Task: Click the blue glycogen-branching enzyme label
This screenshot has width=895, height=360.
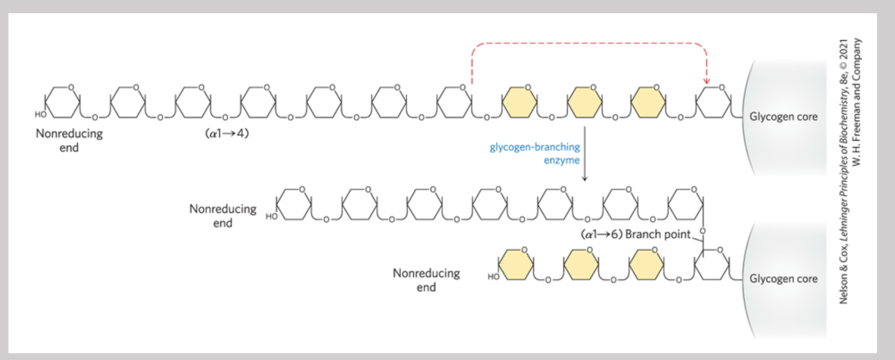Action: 535,154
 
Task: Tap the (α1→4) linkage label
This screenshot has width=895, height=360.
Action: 227,133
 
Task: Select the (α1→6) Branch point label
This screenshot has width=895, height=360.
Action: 636,234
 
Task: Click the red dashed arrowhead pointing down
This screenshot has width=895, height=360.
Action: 706,80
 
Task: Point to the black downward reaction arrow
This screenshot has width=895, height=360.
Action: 585,154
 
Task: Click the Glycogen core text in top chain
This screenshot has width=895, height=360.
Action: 783,116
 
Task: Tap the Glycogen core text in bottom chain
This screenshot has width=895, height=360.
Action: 783,278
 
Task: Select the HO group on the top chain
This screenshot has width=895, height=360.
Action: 40,114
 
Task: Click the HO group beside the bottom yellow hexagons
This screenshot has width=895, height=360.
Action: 493,276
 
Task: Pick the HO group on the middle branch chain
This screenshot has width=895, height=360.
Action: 271,216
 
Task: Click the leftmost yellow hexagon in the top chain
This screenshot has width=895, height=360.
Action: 519,102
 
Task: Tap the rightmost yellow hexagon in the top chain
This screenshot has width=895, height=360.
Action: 648,102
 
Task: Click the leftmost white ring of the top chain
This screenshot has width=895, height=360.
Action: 62,102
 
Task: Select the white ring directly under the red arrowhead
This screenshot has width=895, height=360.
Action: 713,102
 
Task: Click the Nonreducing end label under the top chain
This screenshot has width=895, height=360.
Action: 69,140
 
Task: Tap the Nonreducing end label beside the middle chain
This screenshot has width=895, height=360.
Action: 222,215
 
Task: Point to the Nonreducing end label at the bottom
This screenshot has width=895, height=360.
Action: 426,280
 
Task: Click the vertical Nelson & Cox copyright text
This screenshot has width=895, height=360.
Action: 849,170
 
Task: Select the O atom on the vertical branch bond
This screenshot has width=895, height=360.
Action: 703,231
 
